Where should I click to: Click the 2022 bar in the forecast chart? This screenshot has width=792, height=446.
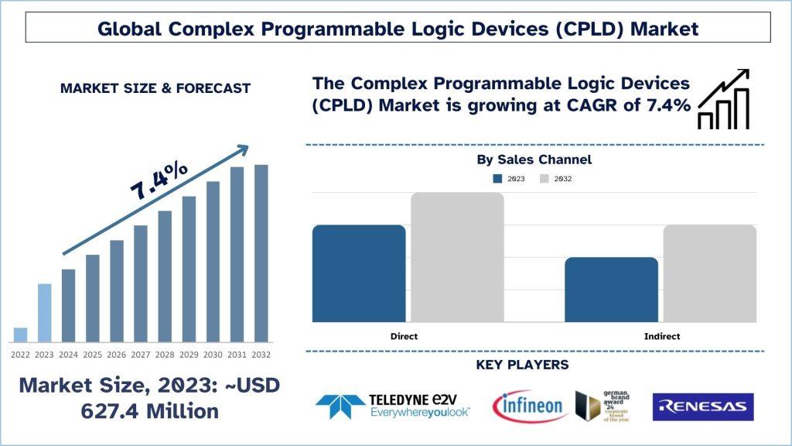20,334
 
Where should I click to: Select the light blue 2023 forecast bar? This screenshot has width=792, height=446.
44,313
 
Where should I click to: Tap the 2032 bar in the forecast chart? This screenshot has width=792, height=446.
261,253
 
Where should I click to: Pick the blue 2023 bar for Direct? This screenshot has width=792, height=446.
359,273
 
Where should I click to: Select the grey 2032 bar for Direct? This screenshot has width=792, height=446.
457,257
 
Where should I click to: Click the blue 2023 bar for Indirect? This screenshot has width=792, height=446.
611,290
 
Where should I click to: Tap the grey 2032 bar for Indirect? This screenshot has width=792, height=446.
709,273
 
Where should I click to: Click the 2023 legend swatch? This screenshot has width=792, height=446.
498,179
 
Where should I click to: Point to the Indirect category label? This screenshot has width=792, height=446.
661,337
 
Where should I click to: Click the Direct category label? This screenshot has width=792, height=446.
404,337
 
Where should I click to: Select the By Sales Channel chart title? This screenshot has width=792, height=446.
534,160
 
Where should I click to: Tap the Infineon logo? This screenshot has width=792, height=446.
530,406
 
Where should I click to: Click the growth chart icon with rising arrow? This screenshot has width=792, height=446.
723,98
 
